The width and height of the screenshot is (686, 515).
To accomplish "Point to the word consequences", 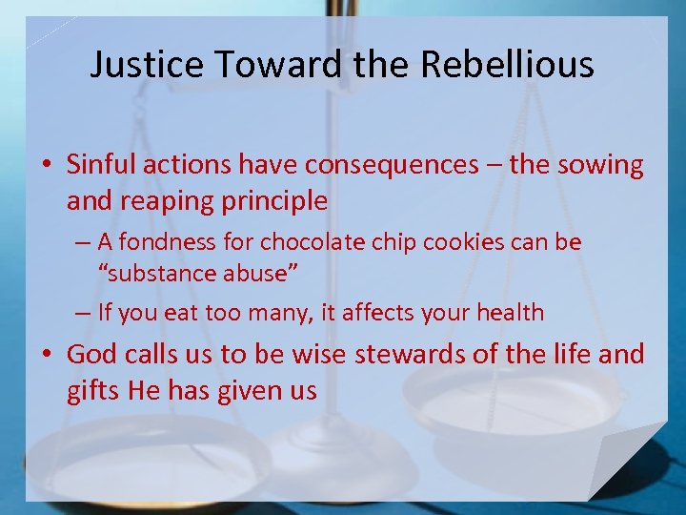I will pos(392,165).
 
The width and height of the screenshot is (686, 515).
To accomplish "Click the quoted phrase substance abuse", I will pos(199,274).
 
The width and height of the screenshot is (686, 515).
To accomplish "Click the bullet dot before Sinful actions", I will pos(50,166).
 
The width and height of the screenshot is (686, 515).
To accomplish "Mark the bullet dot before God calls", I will pos(50,356).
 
